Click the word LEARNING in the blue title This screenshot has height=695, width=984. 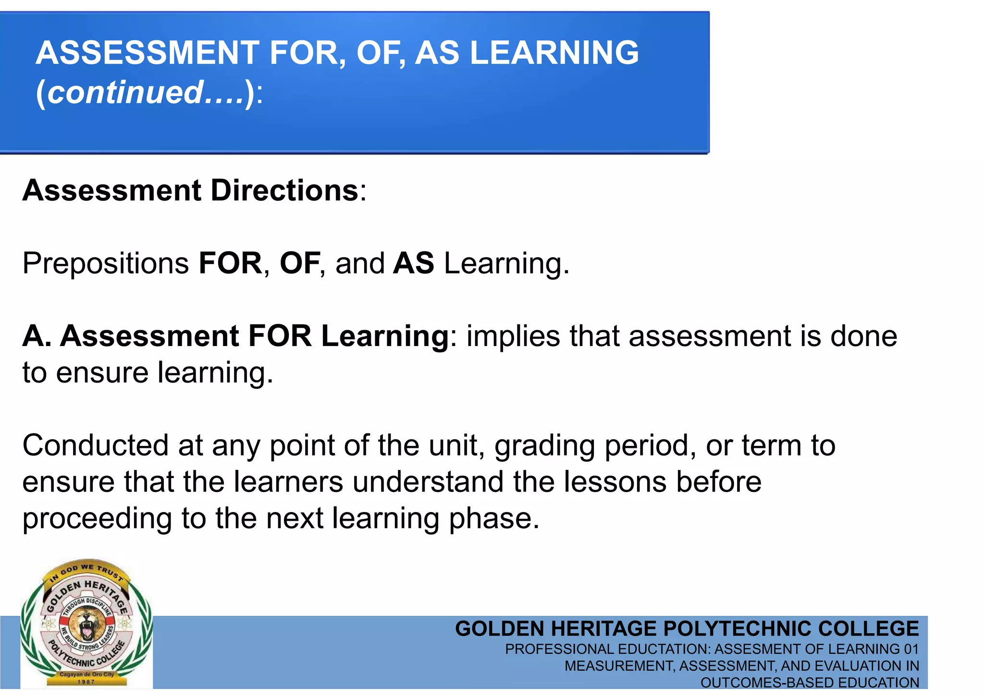point(554,52)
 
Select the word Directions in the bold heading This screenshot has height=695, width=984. point(284,191)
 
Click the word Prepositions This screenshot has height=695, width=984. point(106,264)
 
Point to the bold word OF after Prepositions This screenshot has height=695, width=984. point(300,264)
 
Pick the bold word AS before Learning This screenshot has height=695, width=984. point(413,264)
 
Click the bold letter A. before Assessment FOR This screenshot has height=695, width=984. point(37,336)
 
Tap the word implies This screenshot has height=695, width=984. point(513,336)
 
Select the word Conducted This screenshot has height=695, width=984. point(95,445)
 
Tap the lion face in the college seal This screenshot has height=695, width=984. point(86,624)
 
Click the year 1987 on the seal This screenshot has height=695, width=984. point(86,682)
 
